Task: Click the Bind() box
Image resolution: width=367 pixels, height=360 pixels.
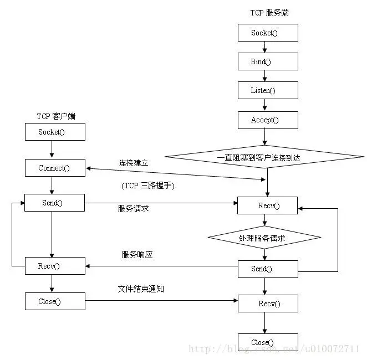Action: click(x=268, y=61)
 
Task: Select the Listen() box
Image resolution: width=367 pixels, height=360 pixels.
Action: click(x=268, y=90)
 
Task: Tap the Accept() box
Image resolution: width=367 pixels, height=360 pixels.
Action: click(x=268, y=120)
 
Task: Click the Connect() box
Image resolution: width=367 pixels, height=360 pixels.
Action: click(x=55, y=168)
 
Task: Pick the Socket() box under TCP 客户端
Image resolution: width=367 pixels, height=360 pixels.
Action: click(x=55, y=132)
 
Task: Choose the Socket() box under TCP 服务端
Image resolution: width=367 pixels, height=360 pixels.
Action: click(x=268, y=33)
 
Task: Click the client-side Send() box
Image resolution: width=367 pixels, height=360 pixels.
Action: click(x=55, y=203)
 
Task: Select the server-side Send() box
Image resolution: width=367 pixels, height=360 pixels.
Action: click(x=268, y=269)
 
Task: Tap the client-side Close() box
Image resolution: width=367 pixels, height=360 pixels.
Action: click(x=55, y=301)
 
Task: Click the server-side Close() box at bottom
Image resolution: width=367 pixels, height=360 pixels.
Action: click(x=268, y=342)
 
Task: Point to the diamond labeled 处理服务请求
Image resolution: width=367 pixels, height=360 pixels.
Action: click(x=264, y=237)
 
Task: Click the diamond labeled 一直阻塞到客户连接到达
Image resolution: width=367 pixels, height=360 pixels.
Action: click(x=266, y=158)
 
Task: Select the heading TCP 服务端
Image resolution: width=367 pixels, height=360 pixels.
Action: click(x=269, y=13)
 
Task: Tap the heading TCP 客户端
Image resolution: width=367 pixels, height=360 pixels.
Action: click(x=56, y=116)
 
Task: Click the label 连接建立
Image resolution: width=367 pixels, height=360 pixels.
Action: click(x=133, y=163)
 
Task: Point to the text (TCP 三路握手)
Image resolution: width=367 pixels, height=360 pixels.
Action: click(x=147, y=186)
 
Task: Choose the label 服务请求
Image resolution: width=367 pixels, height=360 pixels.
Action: click(x=133, y=209)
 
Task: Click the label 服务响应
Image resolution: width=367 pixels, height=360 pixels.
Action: click(x=137, y=255)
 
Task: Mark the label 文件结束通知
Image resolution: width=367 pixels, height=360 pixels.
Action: click(x=141, y=289)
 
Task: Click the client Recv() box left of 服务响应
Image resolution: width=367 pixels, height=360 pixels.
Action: click(x=55, y=266)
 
